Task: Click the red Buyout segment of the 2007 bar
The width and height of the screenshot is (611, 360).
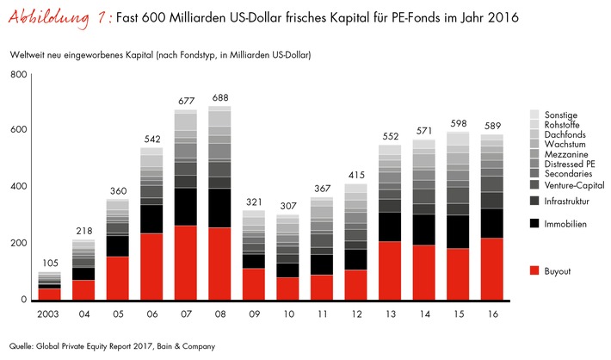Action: coord(186,263)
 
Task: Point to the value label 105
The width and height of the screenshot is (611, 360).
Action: coord(50,262)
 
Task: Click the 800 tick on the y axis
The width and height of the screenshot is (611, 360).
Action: coord(18,75)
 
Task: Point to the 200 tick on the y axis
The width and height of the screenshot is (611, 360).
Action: coord(18,244)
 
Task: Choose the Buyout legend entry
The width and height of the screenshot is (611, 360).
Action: coord(557,271)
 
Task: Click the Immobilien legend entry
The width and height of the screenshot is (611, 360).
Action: coord(564,223)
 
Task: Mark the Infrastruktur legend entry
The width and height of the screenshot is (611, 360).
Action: coord(566,200)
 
